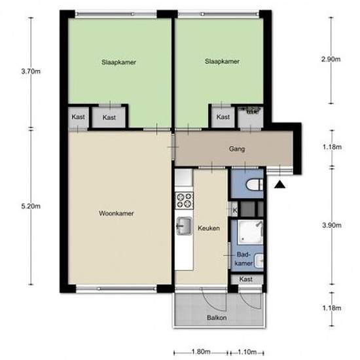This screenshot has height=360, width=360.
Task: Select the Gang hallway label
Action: click(x=237, y=149)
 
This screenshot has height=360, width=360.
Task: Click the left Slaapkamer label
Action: click(x=118, y=62)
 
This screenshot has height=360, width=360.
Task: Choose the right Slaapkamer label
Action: click(x=222, y=62)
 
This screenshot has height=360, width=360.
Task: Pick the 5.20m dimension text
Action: click(x=30, y=206)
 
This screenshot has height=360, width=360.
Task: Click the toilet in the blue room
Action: click(x=253, y=186)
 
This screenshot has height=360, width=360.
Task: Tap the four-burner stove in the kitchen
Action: click(x=184, y=198)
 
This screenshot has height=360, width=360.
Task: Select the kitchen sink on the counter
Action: click(x=184, y=225)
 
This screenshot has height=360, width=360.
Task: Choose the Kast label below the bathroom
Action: click(x=246, y=279)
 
